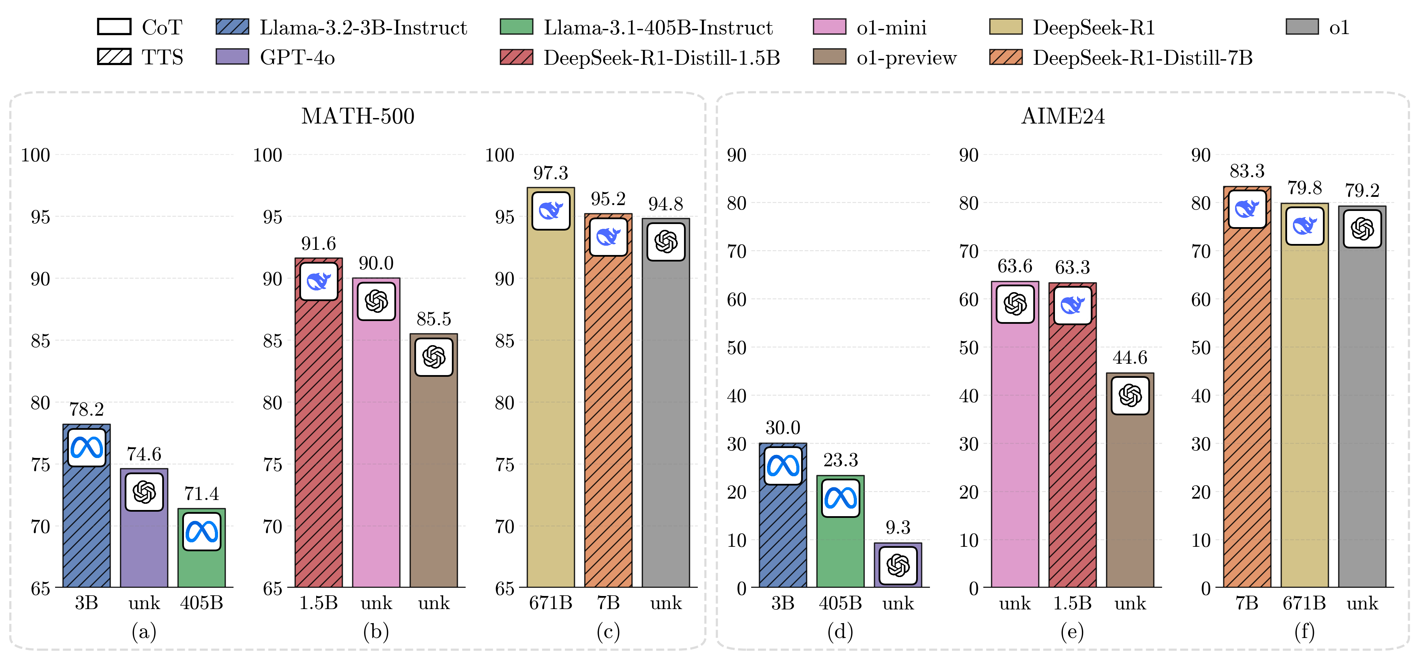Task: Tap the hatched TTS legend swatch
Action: pos(114,57)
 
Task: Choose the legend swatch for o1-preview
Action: pos(829,57)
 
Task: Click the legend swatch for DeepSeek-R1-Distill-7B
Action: pos(1005,57)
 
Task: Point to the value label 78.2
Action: pos(86,409)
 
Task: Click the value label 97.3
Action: pos(550,173)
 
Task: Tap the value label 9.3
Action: pos(898,527)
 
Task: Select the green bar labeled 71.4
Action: pos(201,567)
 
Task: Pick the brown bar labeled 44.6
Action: pos(1130,496)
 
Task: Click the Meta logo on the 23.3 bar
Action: pos(840,498)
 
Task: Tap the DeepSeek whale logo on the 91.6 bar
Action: pos(318,281)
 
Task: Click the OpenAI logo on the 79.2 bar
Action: pos(1362,228)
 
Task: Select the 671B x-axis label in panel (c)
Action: pos(550,603)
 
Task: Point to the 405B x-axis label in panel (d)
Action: pos(840,603)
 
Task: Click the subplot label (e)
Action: pos(1072,631)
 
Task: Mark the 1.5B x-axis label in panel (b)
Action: pos(318,603)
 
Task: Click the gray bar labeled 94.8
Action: pos(665,429)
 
